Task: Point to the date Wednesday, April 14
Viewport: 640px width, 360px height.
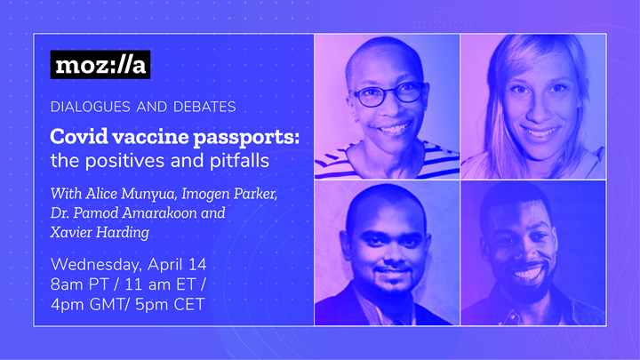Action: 129,266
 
